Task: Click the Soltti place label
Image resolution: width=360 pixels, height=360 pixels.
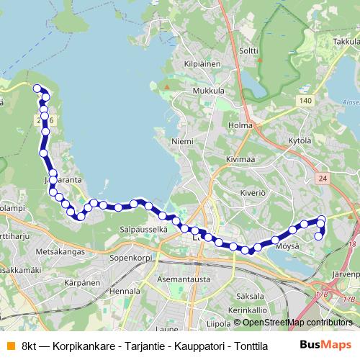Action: pyautogui.click(x=248, y=50)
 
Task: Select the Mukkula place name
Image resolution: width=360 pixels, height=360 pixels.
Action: pyautogui.click(x=209, y=91)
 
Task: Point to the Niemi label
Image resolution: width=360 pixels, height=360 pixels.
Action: pyautogui.click(x=182, y=142)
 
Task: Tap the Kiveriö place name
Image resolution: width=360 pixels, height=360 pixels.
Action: pyautogui.click(x=253, y=193)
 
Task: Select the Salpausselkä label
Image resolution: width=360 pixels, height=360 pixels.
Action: pyautogui.click(x=143, y=229)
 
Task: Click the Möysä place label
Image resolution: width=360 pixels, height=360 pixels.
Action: pyautogui.click(x=287, y=246)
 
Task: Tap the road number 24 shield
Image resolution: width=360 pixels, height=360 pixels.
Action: pyautogui.click(x=322, y=177)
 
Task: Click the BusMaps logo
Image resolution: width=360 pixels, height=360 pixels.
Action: pyautogui.click(x=325, y=345)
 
